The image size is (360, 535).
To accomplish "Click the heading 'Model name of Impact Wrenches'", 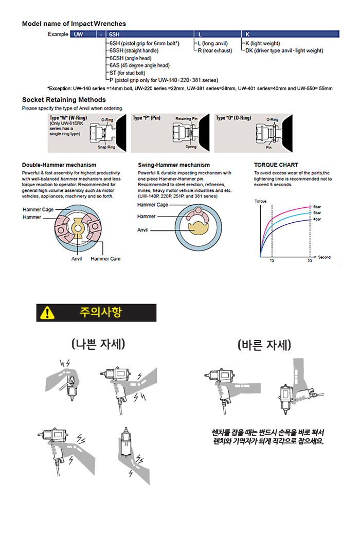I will (x=74, y=24).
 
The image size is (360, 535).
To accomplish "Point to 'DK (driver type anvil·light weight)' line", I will (x=284, y=51).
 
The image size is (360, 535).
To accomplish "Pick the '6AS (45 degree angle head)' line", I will (x=139, y=65).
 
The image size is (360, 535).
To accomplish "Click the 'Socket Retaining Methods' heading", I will (x=64, y=100).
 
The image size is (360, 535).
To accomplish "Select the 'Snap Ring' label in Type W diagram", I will (x=106, y=147).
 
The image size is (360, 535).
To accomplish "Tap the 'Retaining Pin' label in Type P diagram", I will (x=187, y=118).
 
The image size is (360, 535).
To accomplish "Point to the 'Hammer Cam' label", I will (x=105, y=259).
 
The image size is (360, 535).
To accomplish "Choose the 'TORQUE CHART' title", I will (x=276, y=165).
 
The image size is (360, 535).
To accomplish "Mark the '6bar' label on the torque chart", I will (x=317, y=206).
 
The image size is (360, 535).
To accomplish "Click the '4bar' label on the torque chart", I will (x=317, y=218).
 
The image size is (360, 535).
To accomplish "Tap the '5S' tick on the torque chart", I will (x=310, y=260).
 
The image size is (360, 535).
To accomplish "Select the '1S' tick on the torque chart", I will (x=272, y=260).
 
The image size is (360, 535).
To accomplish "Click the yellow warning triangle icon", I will (x=47, y=312).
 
